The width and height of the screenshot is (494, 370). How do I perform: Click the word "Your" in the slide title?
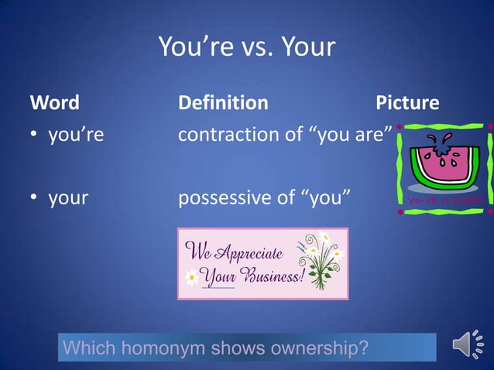(308, 47)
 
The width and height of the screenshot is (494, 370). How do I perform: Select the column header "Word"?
(54, 102)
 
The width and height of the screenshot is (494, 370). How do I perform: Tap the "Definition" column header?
(223, 102)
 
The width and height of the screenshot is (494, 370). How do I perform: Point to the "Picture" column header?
(407, 102)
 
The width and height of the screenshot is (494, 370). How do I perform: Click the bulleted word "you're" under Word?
(76, 135)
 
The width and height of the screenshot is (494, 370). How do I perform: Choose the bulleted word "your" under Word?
(68, 197)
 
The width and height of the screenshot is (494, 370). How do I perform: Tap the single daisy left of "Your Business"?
(191, 276)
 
